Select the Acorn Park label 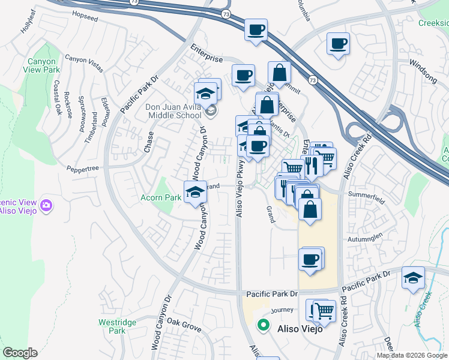[x=160, y=197]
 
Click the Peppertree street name [x=82, y=169]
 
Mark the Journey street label [x=282, y=310]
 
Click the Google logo [x=20, y=353]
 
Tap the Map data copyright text [x=412, y=355]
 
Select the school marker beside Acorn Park [x=194, y=192]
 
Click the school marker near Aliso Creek [x=413, y=278]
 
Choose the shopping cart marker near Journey [x=324, y=311]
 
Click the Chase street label [x=148, y=142]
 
